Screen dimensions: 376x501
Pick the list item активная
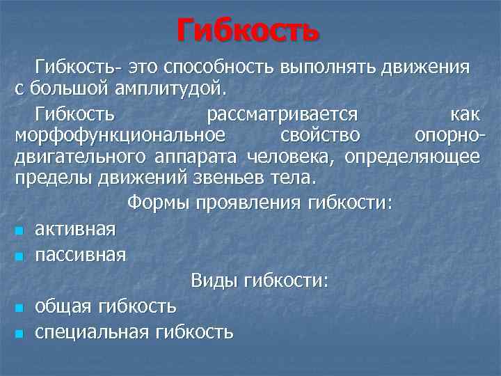tap(76, 229)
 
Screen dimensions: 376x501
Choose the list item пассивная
tap(81, 255)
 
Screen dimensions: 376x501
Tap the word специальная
tap(92, 331)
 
